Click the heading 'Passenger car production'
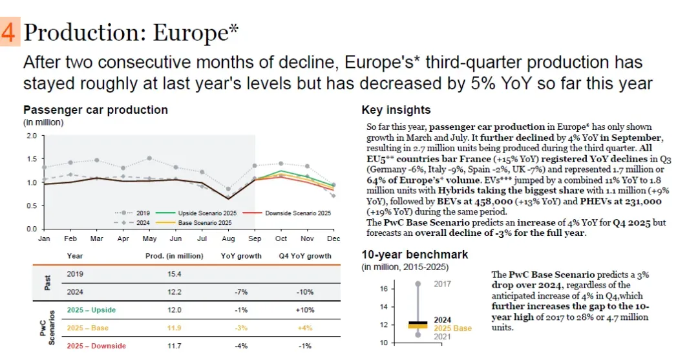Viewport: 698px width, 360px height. (x=95, y=110)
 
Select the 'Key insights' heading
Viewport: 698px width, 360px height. (x=396, y=110)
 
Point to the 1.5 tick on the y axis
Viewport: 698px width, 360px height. (x=32, y=159)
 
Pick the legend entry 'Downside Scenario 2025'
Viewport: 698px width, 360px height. (x=293, y=213)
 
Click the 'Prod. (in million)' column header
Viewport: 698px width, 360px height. (x=174, y=256)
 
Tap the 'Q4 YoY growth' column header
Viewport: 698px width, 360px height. (x=305, y=256)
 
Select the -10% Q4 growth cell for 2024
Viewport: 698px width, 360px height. (x=305, y=291)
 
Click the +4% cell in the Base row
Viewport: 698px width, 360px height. (x=305, y=328)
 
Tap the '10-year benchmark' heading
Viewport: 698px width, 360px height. (x=415, y=255)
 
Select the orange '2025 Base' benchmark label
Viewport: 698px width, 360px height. (x=453, y=328)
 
